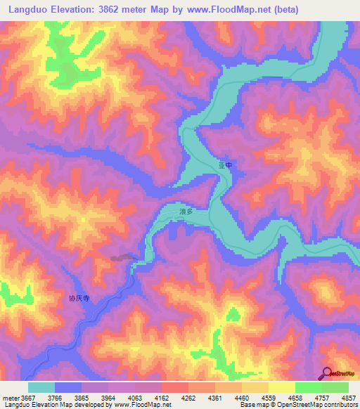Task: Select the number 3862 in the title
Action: coord(127,10)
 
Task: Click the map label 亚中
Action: coord(224,166)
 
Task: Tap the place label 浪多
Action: coord(186,211)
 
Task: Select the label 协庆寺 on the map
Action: coord(79,299)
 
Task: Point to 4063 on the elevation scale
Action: coord(135,397)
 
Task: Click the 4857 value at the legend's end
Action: coord(349,397)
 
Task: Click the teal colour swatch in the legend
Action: coord(41,387)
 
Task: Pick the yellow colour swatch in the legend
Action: coord(281,387)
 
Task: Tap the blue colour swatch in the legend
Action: coord(68,387)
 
